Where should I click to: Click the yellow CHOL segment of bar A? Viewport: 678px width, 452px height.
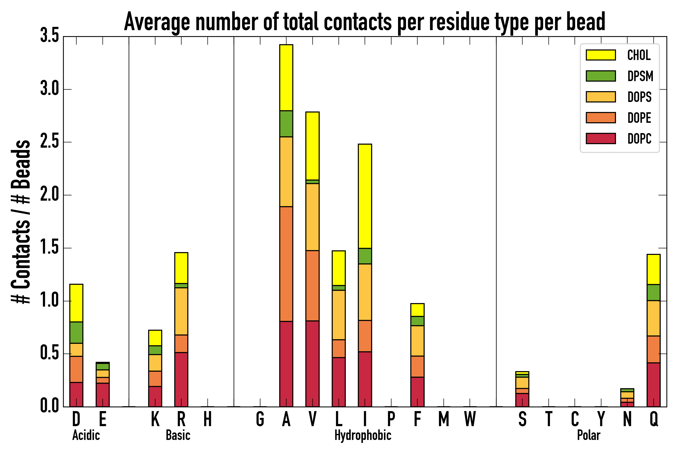(286, 78)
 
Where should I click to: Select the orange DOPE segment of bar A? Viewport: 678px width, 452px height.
(286, 264)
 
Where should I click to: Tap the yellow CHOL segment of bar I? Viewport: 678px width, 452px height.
(365, 196)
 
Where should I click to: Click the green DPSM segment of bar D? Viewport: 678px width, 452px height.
(76, 332)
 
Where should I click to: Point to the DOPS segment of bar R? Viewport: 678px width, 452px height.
(181, 311)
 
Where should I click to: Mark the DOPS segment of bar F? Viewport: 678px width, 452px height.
(417, 341)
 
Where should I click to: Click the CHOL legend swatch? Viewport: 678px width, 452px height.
(601, 55)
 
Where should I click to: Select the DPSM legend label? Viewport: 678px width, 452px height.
(640, 76)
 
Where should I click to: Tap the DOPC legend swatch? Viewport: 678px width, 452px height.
(601, 138)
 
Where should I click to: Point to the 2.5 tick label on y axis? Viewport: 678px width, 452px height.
(49, 142)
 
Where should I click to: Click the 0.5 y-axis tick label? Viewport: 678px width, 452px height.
(49, 353)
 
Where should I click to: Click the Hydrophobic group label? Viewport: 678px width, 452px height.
(363, 435)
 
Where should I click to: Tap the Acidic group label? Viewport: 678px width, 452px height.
(86, 435)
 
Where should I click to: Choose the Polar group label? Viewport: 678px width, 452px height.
(588, 435)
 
